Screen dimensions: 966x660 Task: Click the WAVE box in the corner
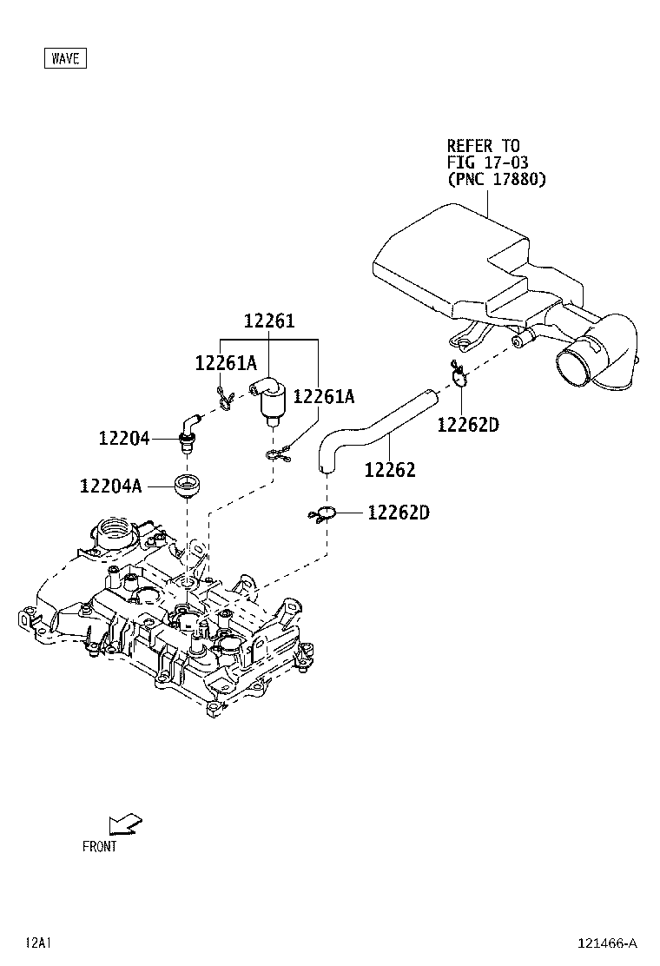65,58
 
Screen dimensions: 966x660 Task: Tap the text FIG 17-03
487,162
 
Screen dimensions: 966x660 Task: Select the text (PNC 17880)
496,180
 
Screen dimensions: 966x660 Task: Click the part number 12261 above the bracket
268,321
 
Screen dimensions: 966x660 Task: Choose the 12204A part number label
109,486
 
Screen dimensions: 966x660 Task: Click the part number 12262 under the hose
389,470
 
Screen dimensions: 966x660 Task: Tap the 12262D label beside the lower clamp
398,513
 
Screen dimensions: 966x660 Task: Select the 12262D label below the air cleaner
468,425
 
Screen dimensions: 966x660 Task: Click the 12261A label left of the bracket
226,364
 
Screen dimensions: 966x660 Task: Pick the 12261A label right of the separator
324,396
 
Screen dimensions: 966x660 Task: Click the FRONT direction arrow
126,824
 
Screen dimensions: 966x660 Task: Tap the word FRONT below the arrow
99,846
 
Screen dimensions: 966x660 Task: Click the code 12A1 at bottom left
39,943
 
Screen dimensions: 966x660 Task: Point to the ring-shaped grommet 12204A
187,486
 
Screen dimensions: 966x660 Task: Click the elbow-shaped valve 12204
187,427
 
